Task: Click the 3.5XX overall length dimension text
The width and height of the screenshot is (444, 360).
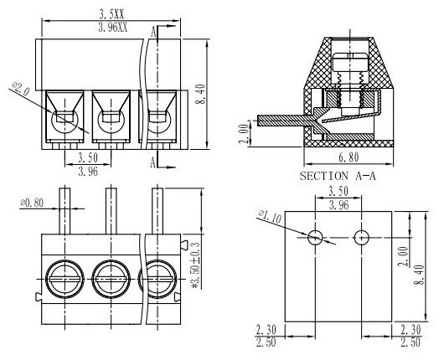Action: [111, 14]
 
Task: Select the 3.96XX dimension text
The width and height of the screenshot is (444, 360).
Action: [113, 28]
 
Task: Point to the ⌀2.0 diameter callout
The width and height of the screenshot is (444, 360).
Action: [21, 88]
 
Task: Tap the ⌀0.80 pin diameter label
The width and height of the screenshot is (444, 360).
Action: [32, 203]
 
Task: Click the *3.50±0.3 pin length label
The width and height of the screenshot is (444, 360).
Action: [196, 265]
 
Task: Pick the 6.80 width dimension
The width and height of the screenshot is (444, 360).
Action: [348, 157]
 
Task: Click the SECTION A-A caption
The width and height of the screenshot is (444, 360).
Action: [338, 176]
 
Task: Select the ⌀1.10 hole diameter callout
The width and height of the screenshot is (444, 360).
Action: [270, 217]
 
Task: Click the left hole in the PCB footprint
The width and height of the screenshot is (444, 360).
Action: [315, 237]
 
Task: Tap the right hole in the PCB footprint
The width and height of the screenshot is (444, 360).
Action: [362, 237]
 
